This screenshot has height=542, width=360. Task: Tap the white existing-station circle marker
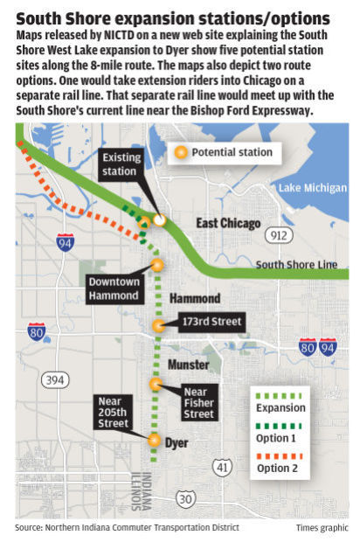click(159, 220)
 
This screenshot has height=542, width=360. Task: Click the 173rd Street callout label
click(211, 323)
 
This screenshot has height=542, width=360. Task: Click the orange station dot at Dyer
click(155, 441)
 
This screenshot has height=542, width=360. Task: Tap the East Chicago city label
click(228, 224)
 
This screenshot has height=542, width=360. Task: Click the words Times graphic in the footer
click(320, 528)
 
